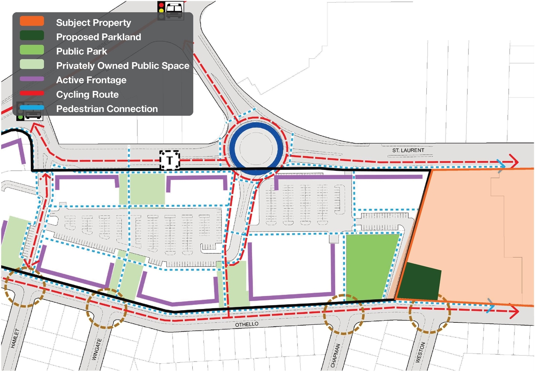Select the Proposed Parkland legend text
point(99,37)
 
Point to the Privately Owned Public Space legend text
point(123,66)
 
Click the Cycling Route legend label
point(87,94)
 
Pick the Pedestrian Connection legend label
point(107,109)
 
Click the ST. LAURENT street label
point(408,150)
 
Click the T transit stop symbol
point(170,160)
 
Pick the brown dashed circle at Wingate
point(107,308)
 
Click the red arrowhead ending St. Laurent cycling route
point(514,162)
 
